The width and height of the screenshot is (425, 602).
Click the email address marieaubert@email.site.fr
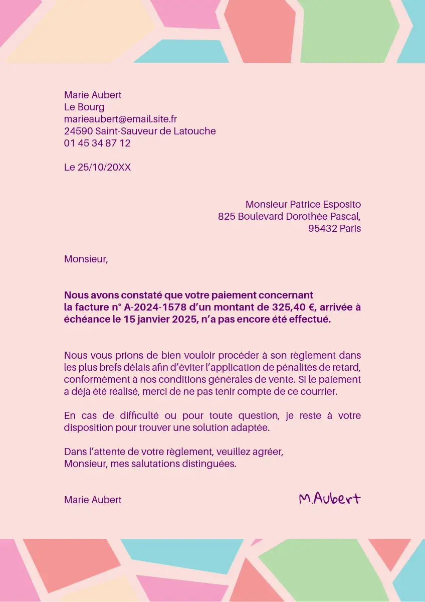point(120,119)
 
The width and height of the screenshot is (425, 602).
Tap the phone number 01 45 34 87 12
point(97,143)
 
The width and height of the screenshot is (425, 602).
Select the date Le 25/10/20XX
point(97,167)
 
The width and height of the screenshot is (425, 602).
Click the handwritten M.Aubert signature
point(329,498)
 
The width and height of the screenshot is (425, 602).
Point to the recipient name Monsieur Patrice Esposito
point(303,204)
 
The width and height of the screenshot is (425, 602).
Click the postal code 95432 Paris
point(334,228)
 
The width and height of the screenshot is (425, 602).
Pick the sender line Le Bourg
point(84,107)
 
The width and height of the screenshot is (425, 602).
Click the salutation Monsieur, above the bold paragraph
point(86,259)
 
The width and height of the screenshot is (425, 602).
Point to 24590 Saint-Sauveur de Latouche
point(140,131)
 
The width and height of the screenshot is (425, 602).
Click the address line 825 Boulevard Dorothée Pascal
point(289,216)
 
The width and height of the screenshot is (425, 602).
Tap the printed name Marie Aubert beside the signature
point(93,500)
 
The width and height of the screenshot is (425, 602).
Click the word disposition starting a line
point(85,427)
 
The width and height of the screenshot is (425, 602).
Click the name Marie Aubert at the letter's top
point(93,95)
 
